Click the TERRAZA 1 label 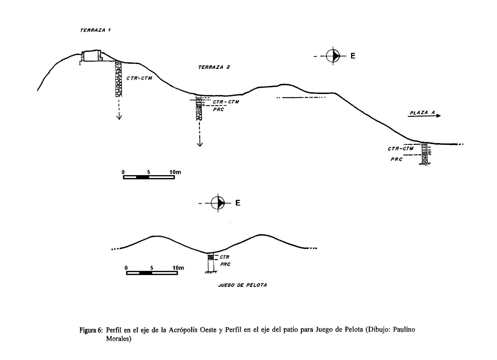coord(95,30)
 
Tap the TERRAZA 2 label coord(213,67)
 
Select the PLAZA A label coord(422,112)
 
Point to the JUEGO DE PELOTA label coord(242,285)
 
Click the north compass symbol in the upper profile coord(333,56)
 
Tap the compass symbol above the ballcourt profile coord(218,203)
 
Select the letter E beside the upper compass coord(353,56)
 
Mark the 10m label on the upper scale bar coord(175,172)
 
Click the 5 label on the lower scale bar coord(152,268)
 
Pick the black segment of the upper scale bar coord(142,177)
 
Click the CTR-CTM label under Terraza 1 coord(139,78)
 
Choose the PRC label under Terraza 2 coord(218,109)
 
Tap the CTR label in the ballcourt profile coord(224,257)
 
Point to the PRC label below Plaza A coord(396,159)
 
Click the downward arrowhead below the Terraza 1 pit coord(119,117)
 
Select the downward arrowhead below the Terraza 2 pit coord(200,144)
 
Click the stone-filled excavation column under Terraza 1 coord(118,79)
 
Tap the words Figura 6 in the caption coord(91,330)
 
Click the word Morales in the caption coord(118,339)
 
